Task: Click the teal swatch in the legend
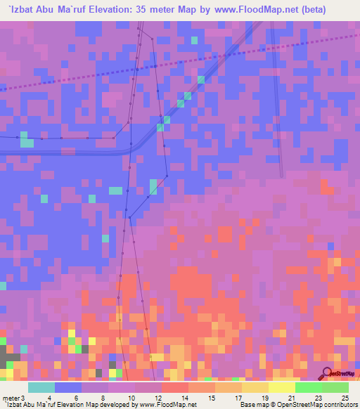[x=41, y=387]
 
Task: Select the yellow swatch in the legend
[x=281, y=387]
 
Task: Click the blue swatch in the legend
[x=68, y=387]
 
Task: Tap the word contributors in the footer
[x=343, y=405]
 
